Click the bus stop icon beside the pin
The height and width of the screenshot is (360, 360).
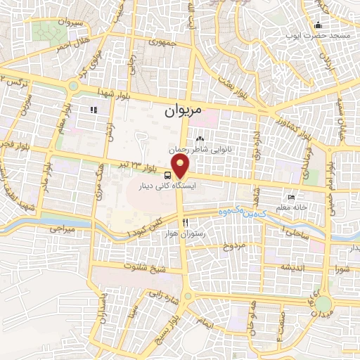tap(169, 175)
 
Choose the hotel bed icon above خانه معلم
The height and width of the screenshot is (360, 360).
tap(291, 198)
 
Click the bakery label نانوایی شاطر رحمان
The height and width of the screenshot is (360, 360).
tap(203, 150)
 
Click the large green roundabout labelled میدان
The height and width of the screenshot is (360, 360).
tap(323, 304)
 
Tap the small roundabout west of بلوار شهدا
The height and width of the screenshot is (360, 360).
tap(73, 86)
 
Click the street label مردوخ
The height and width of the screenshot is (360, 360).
tap(232, 247)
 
